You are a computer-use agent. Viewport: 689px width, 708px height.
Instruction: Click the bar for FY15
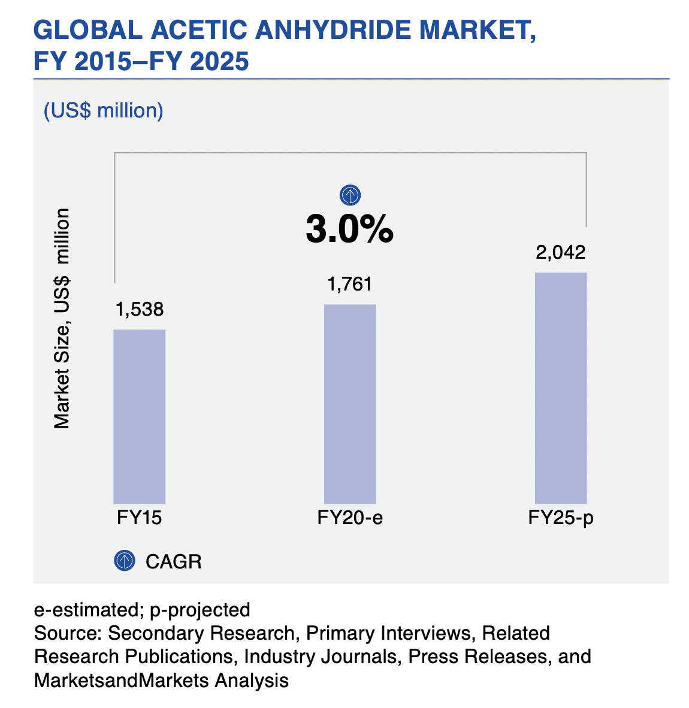point(139,416)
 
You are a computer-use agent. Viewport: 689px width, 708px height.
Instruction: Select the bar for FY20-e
point(350,404)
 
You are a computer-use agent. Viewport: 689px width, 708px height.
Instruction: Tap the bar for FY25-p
point(560,388)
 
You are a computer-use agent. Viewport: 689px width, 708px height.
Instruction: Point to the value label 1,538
point(140,310)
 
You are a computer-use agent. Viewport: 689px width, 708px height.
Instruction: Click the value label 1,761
point(350,284)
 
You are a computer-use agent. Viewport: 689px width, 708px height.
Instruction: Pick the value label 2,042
point(560,252)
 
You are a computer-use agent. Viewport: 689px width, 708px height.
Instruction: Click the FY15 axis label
point(139,518)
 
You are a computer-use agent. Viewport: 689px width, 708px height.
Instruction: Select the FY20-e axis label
point(350,518)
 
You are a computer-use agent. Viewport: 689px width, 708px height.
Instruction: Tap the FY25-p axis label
point(561,518)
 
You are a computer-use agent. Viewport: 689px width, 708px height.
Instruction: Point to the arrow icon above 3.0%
point(350,195)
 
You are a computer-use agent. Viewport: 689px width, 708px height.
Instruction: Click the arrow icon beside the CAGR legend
point(124,561)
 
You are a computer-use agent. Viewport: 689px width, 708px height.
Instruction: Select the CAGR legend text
point(174,561)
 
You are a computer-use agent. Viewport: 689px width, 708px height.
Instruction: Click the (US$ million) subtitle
point(103,111)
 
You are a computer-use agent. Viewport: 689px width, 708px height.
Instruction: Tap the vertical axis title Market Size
point(62,317)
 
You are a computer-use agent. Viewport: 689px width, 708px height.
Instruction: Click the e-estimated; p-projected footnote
point(142,610)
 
